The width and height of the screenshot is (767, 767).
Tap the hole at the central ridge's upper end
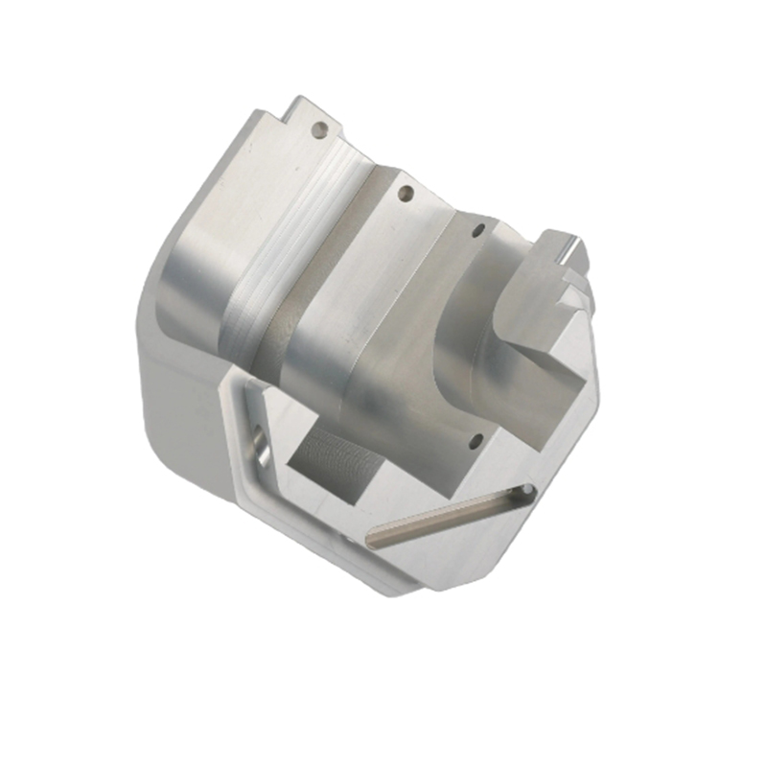405,195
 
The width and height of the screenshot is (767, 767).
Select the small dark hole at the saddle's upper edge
477,231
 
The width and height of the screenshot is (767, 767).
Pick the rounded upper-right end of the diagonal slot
524,492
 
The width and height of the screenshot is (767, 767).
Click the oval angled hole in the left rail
259,445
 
